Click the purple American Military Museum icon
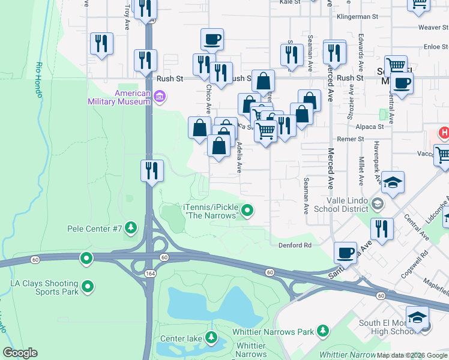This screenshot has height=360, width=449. [x=159, y=97]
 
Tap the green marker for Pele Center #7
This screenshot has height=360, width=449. [x=131, y=229]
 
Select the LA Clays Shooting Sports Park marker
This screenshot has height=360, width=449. [x=88, y=287]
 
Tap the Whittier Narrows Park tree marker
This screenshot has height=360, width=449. [x=323, y=331]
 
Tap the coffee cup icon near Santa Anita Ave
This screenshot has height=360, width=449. [x=345, y=252]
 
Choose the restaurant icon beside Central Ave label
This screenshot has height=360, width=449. [x=381, y=228]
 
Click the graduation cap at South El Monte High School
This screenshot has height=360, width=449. [x=418, y=316]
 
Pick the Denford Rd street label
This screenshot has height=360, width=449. [x=295, y=245]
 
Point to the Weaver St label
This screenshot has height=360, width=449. [x=429, y=28]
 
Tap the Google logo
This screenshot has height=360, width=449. [x=20, y=353]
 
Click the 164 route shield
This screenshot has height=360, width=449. [x=148, y=274]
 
